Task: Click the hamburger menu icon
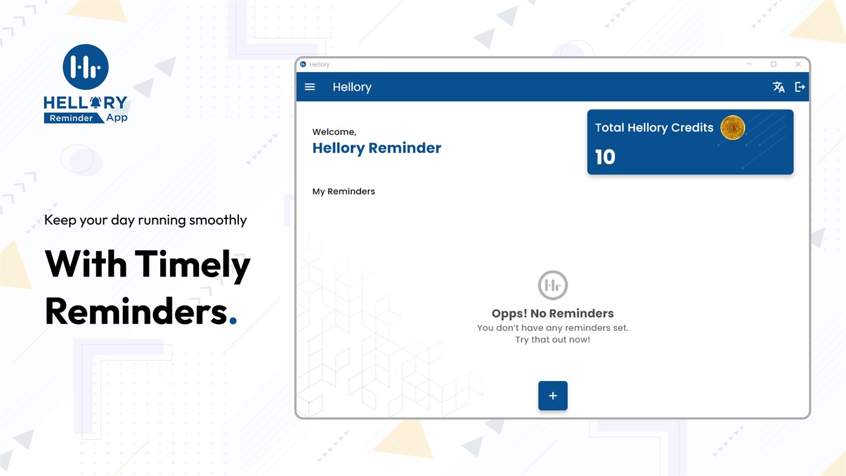click(x=310, y=87)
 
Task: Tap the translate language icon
click(x=778, y=87)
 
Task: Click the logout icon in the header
click(x=800, y=87)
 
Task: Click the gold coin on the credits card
click(x=732, y=128)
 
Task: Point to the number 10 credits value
click(x=605, y=157)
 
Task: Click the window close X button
click(x=798, y=64)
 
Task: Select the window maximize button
click(x=773, y=64)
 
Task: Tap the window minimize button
click(x=749, y=64)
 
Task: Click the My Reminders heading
click(x=343, y=192)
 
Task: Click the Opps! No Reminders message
click(x=553, y=313)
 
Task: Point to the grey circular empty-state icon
click(x=553, y=285)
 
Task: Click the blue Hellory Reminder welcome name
click(x=377, y=148)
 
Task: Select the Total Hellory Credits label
click(x=654, y=128)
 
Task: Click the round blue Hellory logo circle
click(x=85, y=67)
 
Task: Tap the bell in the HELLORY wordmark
click(x=96, y=102)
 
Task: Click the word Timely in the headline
click(x=192, y=265)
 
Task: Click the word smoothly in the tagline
click(x=218, y=220)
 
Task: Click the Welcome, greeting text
click(x=334, y=132)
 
